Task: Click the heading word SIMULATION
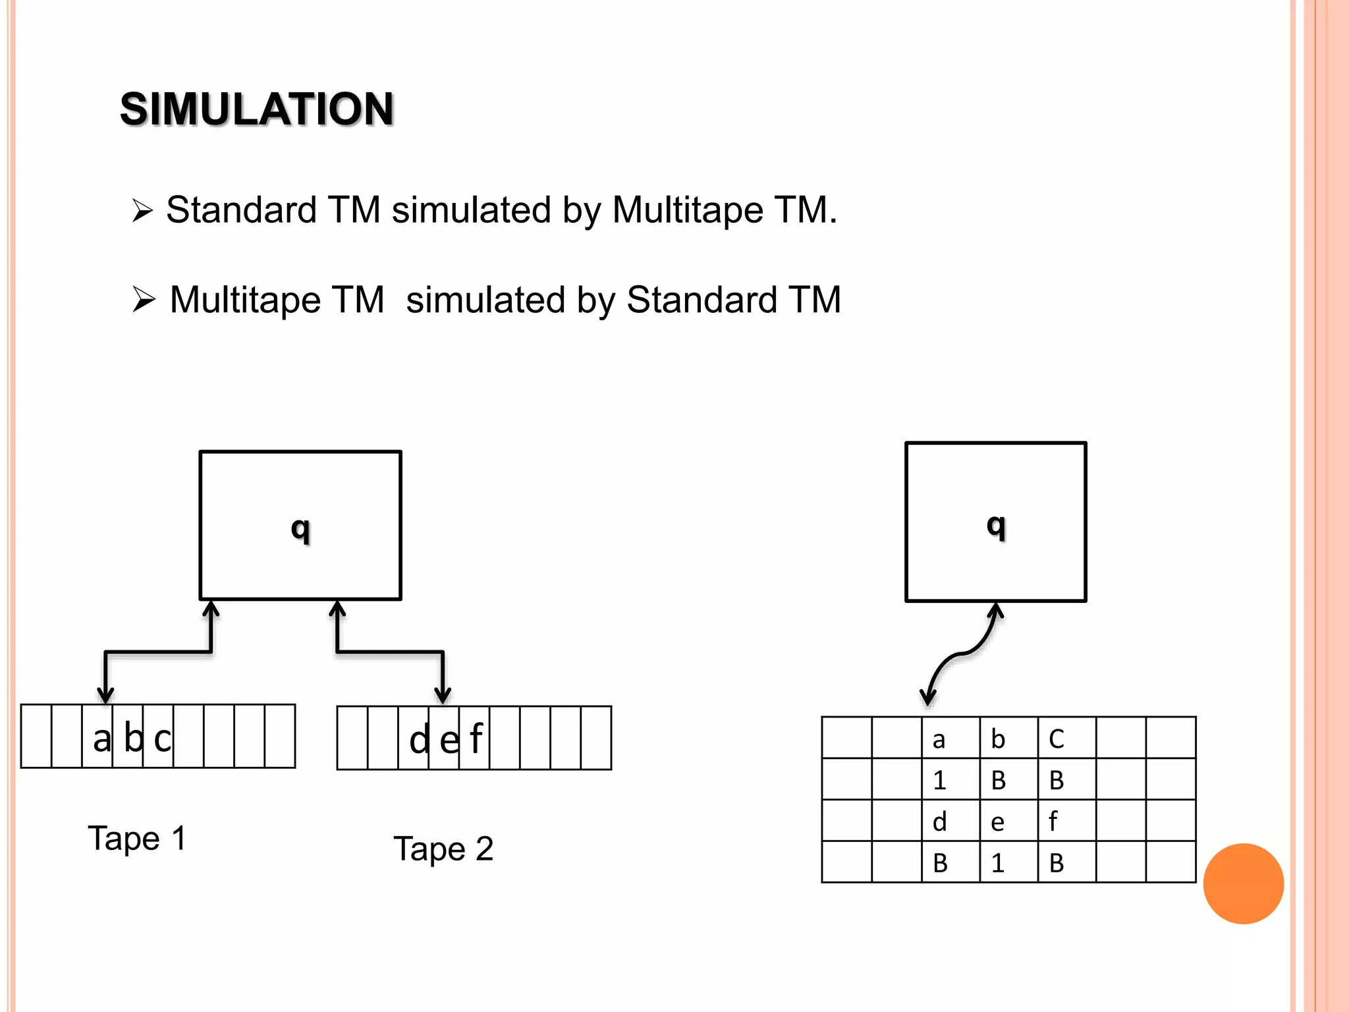(257, 109)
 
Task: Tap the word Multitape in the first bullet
(688, 211)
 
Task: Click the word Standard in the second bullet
(702, 300)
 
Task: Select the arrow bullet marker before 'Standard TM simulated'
(142, 211)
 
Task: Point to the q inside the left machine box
(300, 528)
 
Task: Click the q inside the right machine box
(996, 526)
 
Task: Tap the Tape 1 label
(137, 839)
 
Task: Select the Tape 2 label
(443, 849)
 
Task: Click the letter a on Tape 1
(101, 739)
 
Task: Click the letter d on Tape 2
(419, 741)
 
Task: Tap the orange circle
(1243, 884)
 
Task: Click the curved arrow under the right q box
(962, 654)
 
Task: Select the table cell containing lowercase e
(1008, 821)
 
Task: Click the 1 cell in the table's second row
(950, 779)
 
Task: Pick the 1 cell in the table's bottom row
(1008, 862)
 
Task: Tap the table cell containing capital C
(1066, 739)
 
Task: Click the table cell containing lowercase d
(950, 821)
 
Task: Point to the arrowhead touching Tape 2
(443, 694)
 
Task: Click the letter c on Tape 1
(162, 739)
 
